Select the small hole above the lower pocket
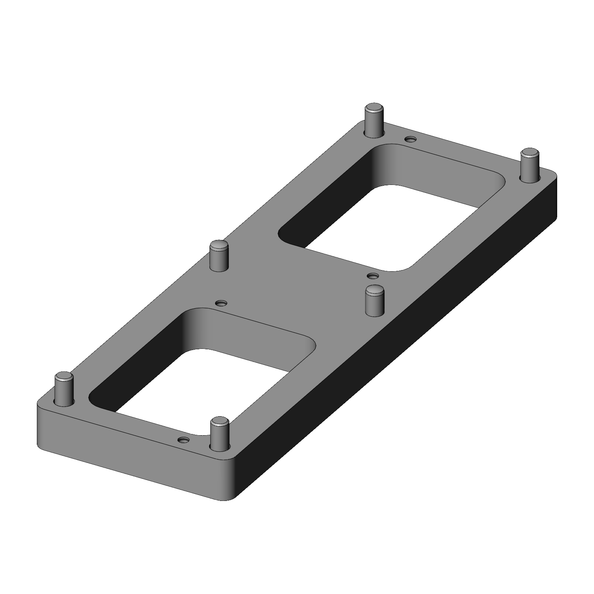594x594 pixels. point(221,303)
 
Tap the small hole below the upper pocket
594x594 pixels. point(372,276)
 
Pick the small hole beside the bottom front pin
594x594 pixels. point(183,440)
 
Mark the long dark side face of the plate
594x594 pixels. point(396,356)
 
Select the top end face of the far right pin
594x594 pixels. point(529,152)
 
